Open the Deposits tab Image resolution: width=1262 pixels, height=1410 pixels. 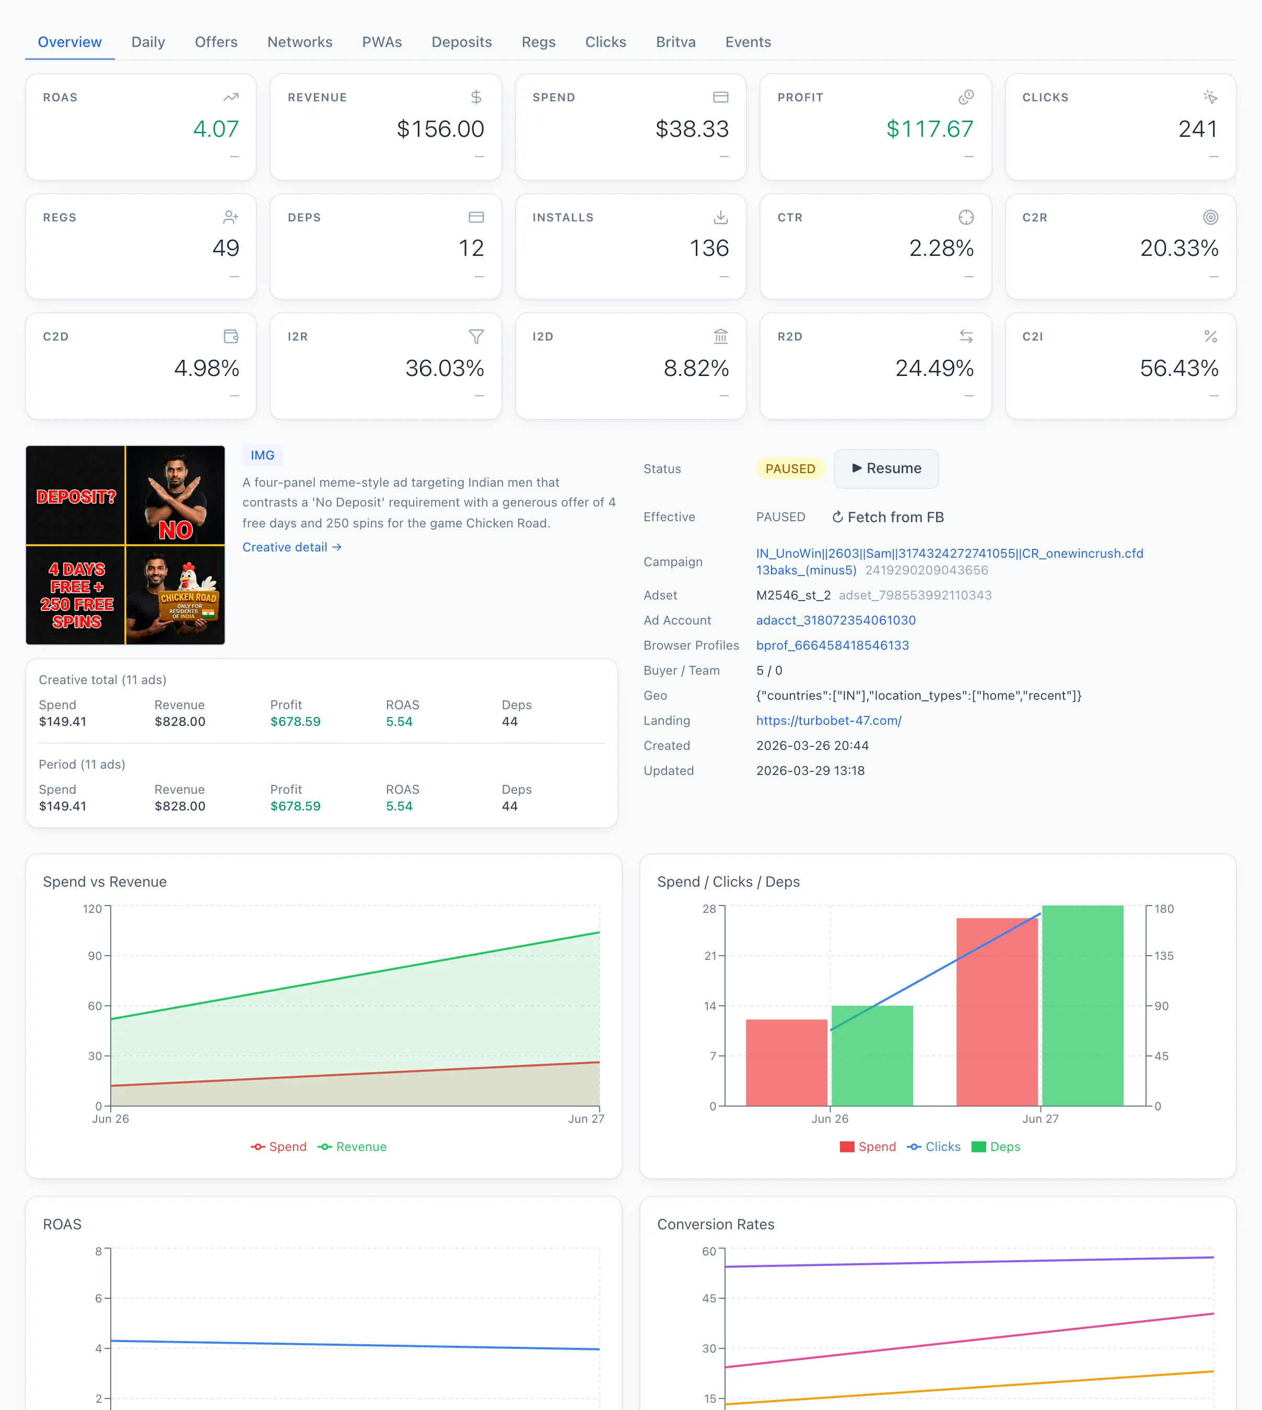[461, 42]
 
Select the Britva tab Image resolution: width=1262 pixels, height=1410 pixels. [675, 42]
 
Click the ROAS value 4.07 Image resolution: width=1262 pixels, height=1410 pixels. [216, 128]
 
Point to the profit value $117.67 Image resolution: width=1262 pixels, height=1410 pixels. [930, 128]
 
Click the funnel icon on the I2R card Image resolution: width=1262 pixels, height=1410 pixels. [476, 336]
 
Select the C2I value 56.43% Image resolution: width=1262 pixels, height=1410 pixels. [1179, 368]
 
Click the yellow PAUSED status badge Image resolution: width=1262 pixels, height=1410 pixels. [790, 468]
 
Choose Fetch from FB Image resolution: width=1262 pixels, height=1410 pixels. [887, 517]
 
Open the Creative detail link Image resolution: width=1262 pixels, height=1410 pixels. [292, 547]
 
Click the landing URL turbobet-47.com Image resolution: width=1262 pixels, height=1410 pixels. [828, 720]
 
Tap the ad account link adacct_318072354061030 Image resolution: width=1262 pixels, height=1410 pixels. [836, 620]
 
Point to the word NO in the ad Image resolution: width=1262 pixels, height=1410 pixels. [176, 530]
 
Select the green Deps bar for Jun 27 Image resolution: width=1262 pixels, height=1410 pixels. [1082, 1005]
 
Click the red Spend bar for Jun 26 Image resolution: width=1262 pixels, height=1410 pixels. [786, 1062]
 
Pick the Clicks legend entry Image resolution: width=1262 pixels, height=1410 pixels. [933, 1147]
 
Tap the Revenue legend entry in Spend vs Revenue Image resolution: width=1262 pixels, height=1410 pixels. [352, 1147]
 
